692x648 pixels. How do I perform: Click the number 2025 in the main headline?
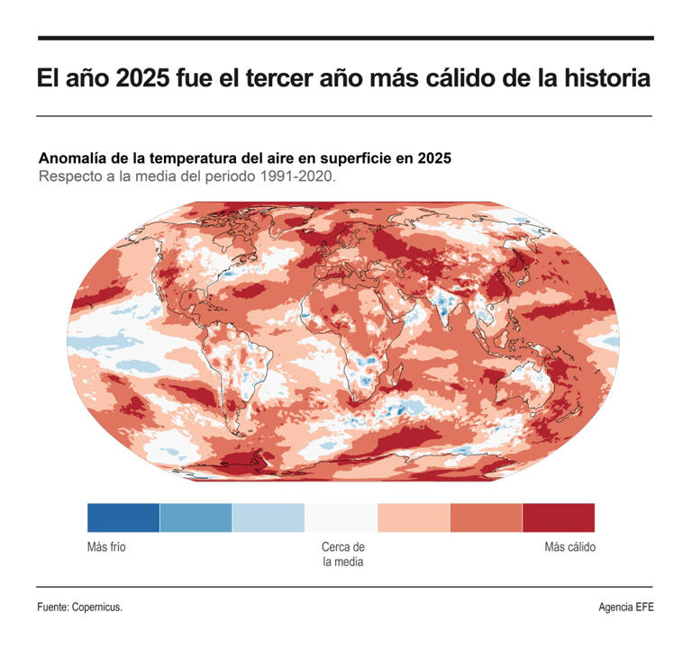[x=143, y=78]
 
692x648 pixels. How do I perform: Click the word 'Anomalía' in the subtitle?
[x=75, y=157]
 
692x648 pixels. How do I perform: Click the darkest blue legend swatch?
[x=123, y=517]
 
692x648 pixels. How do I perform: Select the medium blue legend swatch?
[x=196, y=517]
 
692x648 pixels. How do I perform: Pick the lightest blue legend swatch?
[x=269, y=517]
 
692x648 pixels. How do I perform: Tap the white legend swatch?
[x=341, y=517]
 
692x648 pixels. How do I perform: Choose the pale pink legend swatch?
[x=414, y=517]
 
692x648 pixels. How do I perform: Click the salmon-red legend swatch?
[x=486, y=517]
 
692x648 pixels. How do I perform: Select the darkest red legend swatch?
[x=559, y=517]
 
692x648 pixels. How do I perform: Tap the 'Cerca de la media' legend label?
[x=342, y=554]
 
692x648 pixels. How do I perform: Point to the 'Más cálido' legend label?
[x=569, y=547]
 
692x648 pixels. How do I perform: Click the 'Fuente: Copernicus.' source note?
[x=79, y=607]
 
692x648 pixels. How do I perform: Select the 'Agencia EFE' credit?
[x=626, y=607]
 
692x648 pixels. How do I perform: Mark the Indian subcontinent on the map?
[x=443, y=310]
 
